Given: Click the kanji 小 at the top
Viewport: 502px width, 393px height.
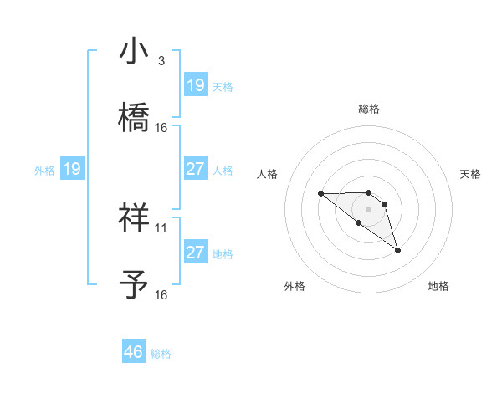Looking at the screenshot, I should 134,52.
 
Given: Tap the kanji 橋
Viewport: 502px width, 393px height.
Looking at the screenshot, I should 134,118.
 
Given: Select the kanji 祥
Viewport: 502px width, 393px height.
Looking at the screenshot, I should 134,218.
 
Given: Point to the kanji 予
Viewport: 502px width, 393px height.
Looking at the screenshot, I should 134,285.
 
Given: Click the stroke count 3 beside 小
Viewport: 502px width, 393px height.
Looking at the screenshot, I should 161,61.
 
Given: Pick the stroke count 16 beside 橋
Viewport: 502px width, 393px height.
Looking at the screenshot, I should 161,128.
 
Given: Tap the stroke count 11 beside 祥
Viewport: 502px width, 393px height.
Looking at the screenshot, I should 161,227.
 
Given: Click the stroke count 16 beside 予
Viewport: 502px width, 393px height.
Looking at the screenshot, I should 161,294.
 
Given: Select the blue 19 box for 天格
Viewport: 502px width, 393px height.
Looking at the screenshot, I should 196,85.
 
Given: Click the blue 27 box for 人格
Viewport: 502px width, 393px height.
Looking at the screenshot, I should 196,169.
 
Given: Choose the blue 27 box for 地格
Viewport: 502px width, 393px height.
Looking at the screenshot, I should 196,253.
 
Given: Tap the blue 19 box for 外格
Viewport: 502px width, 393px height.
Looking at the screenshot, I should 72,169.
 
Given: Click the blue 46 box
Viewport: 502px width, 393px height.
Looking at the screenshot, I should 134,352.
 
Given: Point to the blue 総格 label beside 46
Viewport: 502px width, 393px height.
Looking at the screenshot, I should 161,354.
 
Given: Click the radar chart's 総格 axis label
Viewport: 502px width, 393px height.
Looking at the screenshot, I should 369,109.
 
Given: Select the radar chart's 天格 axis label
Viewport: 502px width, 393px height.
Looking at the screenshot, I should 471,174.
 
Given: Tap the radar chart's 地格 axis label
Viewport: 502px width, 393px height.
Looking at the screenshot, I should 438,287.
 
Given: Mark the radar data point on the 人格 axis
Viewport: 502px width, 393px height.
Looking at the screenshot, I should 320,194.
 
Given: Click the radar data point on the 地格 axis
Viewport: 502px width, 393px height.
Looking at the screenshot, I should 397,250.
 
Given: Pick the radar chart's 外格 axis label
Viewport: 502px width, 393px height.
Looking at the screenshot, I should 295,287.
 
